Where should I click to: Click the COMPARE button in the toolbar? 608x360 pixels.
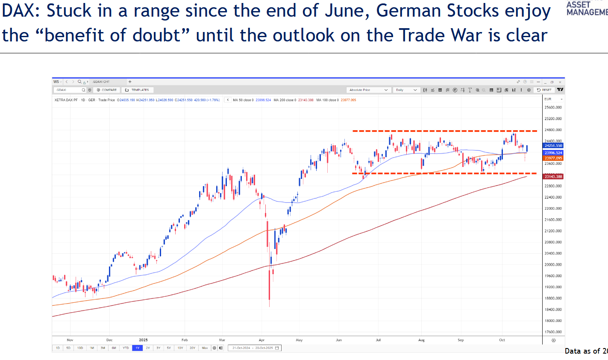(107, 90)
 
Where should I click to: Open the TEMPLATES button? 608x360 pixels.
(138, 90)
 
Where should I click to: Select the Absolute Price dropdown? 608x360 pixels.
(368, 90)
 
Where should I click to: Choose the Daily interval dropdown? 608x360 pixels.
(406, 90)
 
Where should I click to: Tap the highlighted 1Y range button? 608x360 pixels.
(137, 348)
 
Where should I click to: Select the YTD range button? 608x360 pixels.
(126, 348)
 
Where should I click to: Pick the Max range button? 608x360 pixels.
(205, 348)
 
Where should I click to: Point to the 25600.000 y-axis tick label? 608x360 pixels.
(553, 108)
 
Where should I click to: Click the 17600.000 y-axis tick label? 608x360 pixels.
(553, 332)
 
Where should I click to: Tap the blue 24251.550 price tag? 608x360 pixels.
(553, 146)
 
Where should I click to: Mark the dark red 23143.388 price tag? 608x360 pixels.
(553, 177)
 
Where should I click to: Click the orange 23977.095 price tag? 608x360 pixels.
(553, 158)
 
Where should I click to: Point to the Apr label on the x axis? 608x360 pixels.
(262, 340)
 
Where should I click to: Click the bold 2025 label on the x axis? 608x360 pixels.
(143, 340)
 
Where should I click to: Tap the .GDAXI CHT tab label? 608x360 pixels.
(101, 82)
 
